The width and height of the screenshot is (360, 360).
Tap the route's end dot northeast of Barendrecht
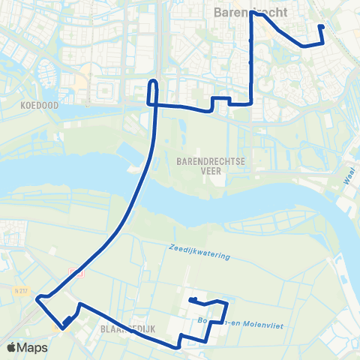tap(321, 27)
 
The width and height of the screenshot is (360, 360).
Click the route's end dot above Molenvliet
tap(192, 300)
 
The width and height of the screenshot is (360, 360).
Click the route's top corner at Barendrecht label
tap(253, 13)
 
